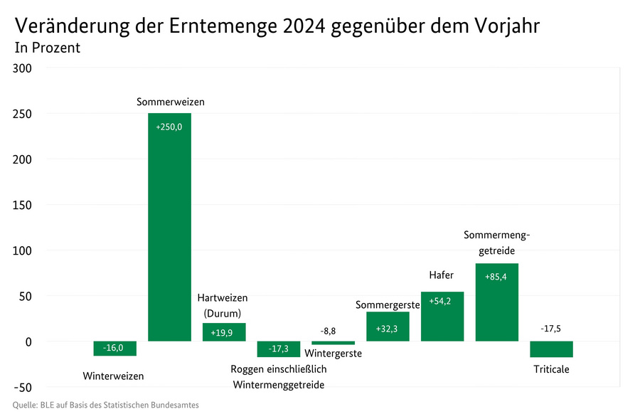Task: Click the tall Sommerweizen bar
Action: point(169,228)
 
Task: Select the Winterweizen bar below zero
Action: point(114,349)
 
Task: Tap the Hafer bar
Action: point(442,317)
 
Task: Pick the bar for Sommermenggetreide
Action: point(496,302)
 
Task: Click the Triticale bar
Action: point(551,349)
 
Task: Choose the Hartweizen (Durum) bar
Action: point(224,332)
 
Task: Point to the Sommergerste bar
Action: point(388,327)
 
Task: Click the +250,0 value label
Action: point(169,127)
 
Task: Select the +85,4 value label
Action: point(496,277)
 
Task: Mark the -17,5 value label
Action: point(551,329)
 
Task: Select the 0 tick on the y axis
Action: point(28,341)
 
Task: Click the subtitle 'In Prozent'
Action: point(47,48)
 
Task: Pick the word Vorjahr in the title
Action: point(503,26)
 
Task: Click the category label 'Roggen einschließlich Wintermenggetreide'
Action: point(279,377)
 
